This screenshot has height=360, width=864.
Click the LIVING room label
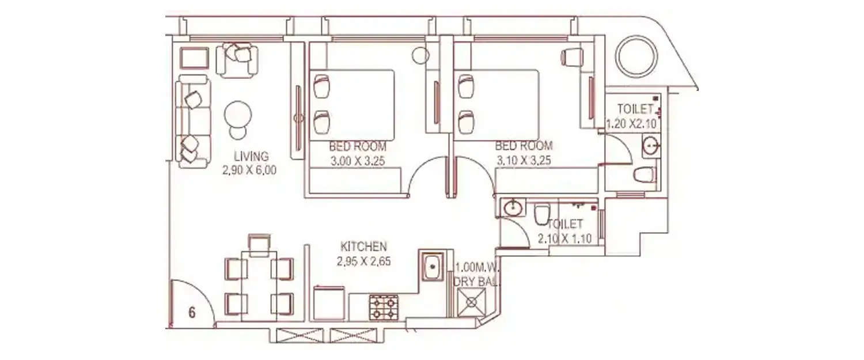click(x=251, y=156)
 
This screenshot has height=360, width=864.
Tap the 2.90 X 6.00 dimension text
click(x=251, y=170)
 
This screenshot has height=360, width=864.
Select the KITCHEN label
click(x=363, y=247)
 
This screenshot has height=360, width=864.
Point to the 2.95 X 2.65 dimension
click(x=363, y=261)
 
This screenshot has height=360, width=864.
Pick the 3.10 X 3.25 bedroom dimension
click(x=524, y=161)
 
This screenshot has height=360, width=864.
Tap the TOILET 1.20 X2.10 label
click(x=632, y=116)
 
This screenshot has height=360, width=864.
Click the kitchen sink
click(x=430, y=266)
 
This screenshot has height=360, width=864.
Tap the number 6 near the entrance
click(x=192, y=313)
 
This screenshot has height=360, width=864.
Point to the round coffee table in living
click(x=238, y=115)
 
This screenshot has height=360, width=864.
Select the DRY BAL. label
click(x=477, y=282)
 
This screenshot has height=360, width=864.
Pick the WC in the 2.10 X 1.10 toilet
click(x=541, y=214)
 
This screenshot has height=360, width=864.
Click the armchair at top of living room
click(x=237, y=59)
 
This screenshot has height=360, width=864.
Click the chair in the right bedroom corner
click(x=572, y=56)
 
